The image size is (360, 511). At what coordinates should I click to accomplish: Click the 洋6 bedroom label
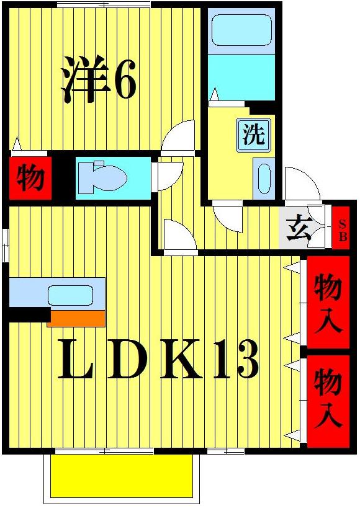click(98, 79)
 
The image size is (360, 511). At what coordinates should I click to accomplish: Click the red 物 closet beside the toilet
click(30, 179)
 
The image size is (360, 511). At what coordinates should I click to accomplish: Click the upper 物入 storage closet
click(327, 304)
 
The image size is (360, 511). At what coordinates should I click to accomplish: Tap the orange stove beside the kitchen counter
click(76, 318)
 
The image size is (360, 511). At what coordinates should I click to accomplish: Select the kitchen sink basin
click(70, 295)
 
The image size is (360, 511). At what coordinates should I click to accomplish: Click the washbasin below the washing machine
click(264, 179)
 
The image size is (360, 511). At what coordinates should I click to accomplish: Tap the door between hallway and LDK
click(179, 238)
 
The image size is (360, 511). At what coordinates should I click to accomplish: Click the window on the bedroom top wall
click(104, 5)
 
